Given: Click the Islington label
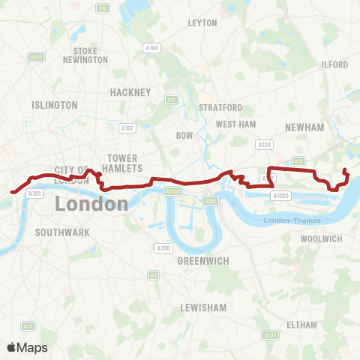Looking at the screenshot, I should pos(55,105).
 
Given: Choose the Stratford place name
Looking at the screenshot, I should pos(220,108).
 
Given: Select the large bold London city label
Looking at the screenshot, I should pos(91,203).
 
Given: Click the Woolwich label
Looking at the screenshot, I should pos(321,238).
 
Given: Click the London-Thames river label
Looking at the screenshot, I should pos(292,220).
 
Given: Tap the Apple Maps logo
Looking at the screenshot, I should pos(27,347).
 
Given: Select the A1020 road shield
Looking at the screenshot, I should pos(281,196).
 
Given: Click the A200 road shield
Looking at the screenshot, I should pos(164,247).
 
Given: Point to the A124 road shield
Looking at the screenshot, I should pos(263,144).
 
